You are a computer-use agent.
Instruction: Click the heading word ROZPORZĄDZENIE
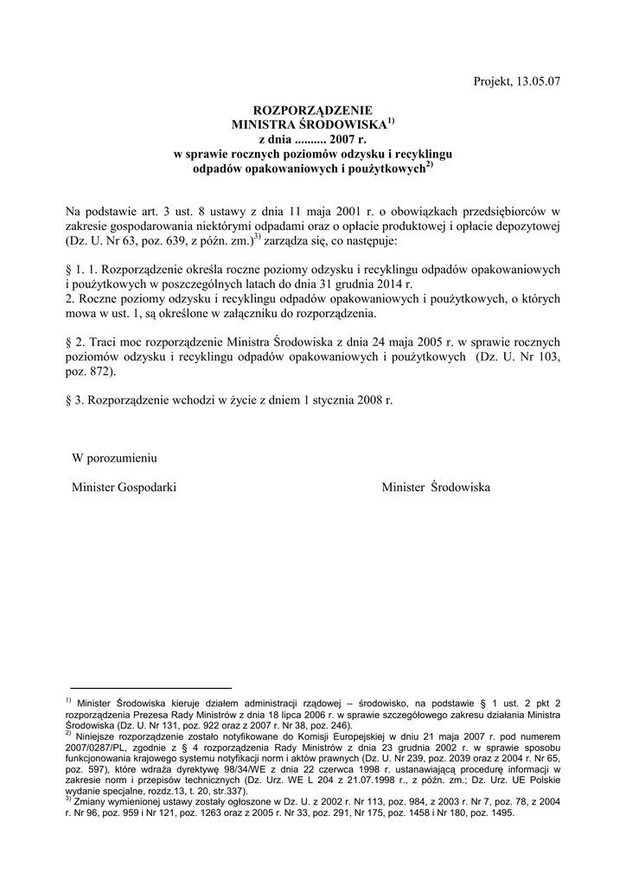312,111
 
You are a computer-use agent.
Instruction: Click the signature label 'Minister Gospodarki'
125,487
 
